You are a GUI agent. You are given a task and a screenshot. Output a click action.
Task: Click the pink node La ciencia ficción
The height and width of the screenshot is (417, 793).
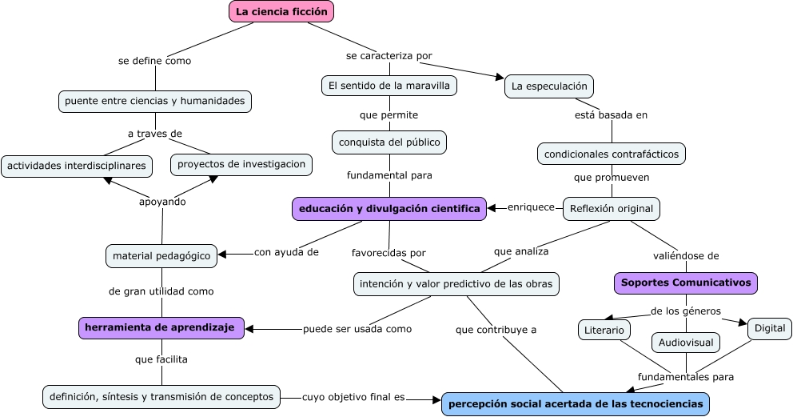[281, 11]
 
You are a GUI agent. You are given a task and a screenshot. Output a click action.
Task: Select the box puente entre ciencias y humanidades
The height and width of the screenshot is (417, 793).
[155, 101]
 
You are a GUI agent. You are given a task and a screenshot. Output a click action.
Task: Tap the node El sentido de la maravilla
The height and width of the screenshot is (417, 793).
[389, 85]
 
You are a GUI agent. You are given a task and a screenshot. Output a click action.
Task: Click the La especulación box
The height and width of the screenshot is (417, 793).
[548, 86]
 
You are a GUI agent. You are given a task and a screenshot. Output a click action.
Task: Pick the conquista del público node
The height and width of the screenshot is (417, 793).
[389, 142]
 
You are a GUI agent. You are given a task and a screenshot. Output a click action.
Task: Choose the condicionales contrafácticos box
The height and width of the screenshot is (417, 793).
[612, 153]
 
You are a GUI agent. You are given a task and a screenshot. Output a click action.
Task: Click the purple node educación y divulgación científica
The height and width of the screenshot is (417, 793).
[389, 209]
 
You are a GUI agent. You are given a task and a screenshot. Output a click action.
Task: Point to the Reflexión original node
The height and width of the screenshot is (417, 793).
[612, 209]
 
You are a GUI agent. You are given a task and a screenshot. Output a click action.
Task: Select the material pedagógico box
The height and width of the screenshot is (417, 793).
[161, 256]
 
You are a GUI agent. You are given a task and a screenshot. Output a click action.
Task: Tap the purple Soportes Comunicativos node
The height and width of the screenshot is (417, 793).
[686, 283]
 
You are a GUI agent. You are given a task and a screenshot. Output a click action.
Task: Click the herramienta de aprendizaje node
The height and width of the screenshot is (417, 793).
[161, 327]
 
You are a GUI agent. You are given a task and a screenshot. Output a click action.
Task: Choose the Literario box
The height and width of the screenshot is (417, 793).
[604, 330]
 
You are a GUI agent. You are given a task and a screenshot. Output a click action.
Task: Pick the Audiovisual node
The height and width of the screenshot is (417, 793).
[686, 343]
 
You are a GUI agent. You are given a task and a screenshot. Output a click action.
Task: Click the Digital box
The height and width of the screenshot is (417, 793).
[770, 327]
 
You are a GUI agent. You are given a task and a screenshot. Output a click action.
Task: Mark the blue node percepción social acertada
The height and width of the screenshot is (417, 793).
[576, 404]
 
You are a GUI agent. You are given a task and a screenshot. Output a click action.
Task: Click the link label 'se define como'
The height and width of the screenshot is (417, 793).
[154, 60]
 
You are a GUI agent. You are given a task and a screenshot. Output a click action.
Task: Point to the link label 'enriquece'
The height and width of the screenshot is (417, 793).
[531, 207]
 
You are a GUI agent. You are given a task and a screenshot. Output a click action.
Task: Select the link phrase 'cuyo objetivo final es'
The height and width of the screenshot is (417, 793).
[353, 396]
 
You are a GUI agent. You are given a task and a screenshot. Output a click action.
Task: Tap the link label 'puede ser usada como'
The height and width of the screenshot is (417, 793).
[357, 329]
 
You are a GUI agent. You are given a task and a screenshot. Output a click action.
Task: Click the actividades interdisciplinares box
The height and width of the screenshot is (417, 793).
[77, 166]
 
